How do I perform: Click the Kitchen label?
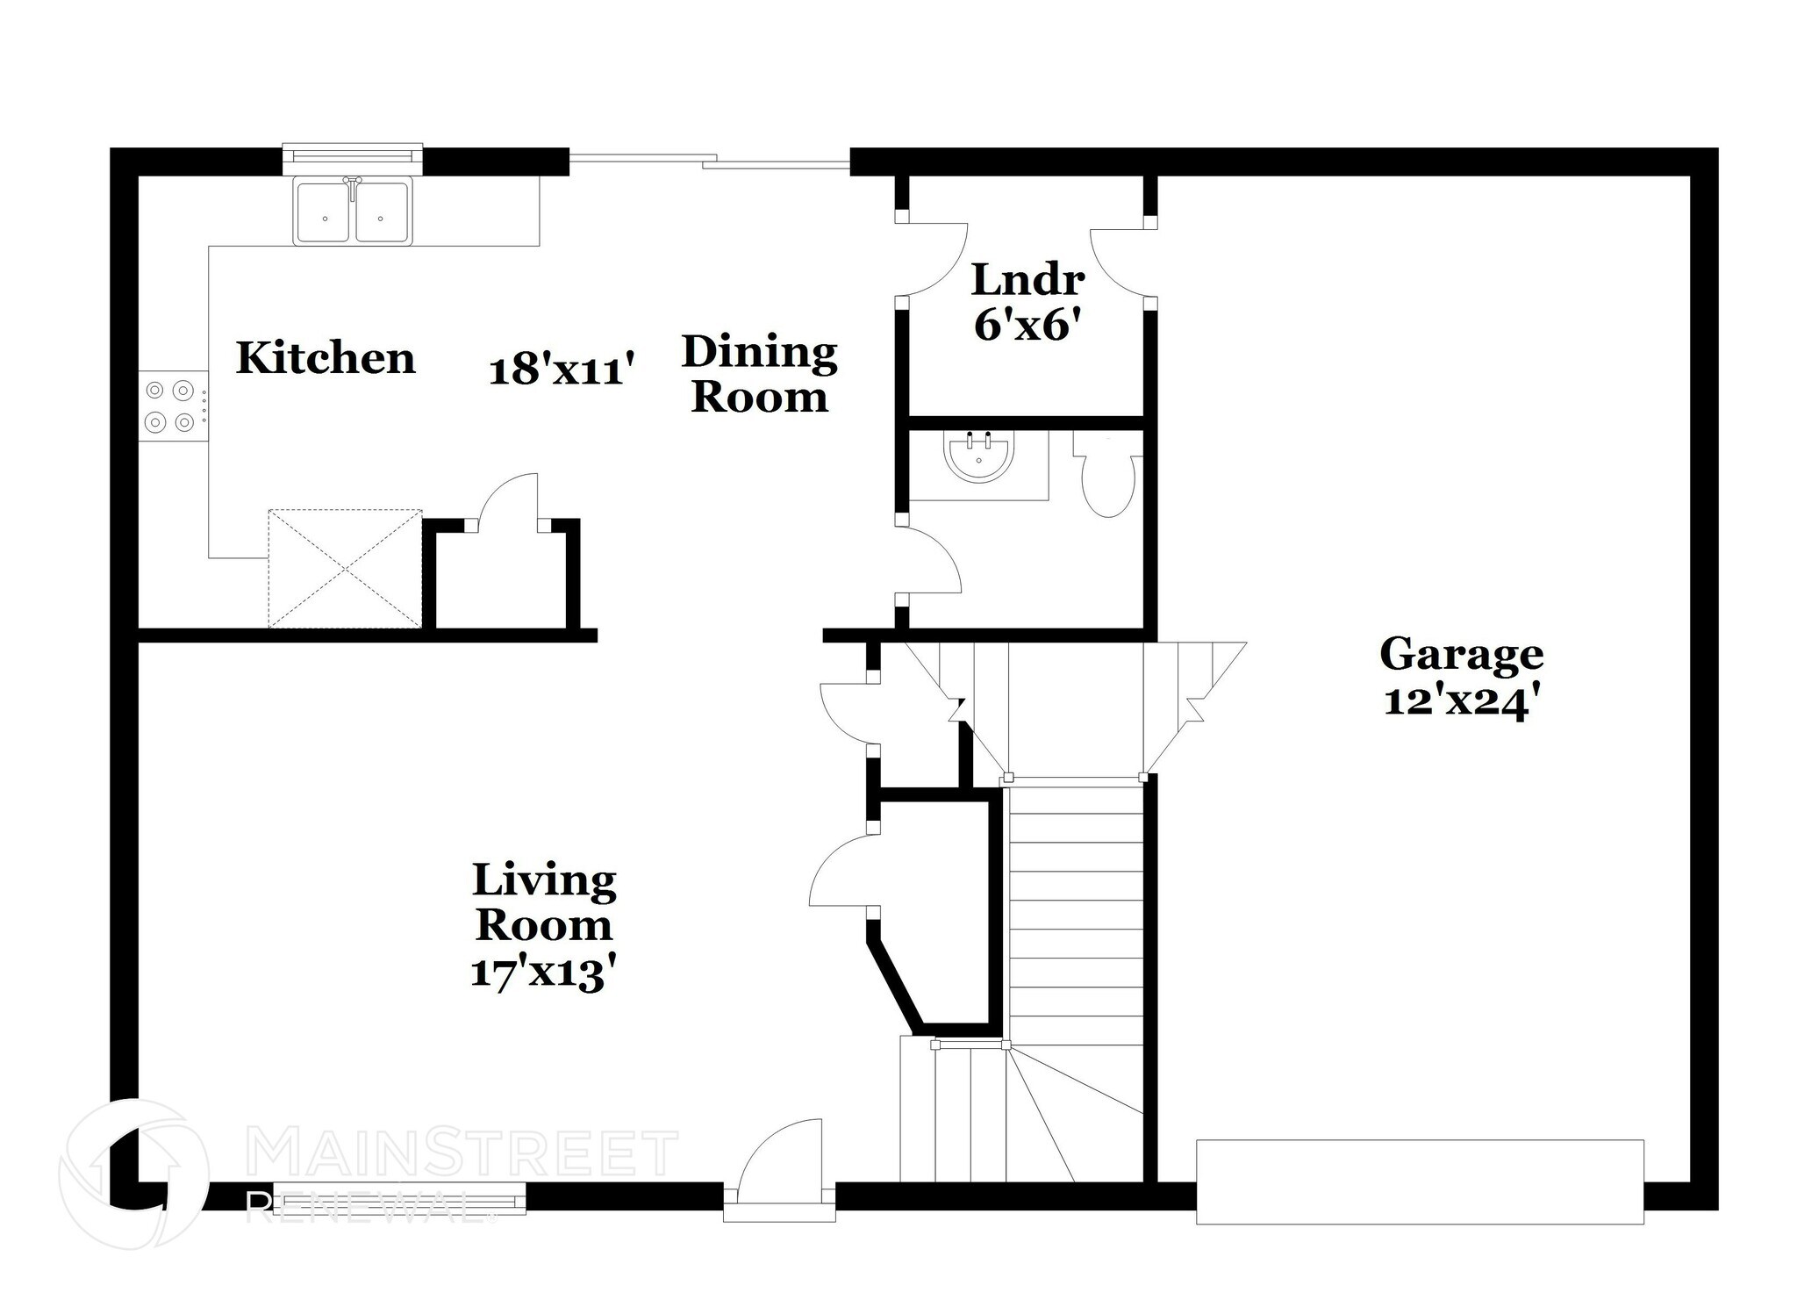point(326,358)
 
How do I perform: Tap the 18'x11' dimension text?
point(561,369)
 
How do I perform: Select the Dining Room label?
point(759,374)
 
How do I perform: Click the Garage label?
point(1461,654)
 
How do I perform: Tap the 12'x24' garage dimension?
point(1461,701)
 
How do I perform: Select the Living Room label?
point(544,901)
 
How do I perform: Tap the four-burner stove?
point(171,406)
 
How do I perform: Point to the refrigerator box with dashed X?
point(345,568)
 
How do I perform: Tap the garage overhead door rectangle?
point(1419,1181)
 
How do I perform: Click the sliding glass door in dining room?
point(709,161)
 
